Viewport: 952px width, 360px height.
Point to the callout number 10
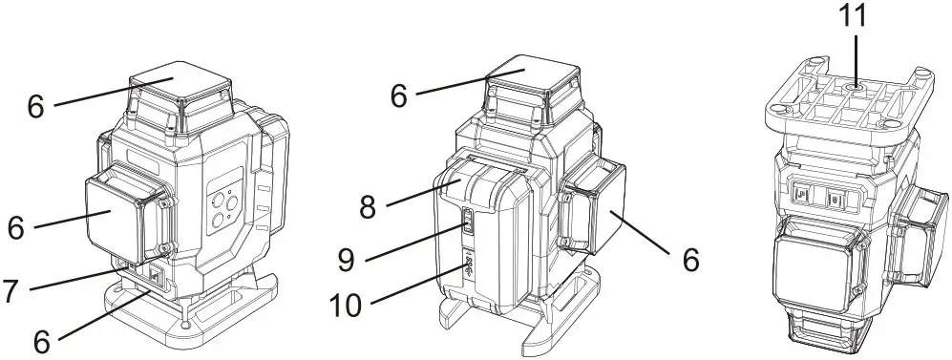(x=348, y=306)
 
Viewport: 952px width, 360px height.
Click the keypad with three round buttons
(x=223, y=207)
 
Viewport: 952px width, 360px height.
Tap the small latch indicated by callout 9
(x=468, y=222)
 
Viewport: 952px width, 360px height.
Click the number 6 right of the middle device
(x=690, y=260)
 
